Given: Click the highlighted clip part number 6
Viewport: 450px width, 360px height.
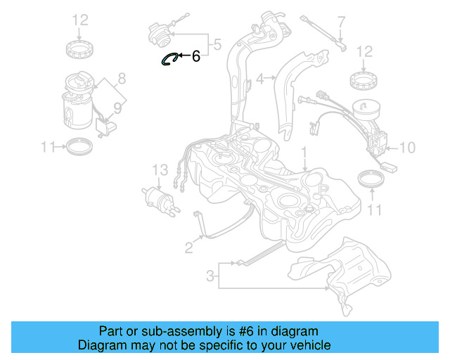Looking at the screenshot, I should (169, 59).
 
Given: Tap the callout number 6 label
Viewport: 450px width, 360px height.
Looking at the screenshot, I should (195, 56).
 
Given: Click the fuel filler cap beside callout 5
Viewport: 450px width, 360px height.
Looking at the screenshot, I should (158, 32).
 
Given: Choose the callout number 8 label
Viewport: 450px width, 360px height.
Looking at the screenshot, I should (121, 78).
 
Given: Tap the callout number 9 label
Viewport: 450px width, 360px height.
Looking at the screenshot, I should (118, 108).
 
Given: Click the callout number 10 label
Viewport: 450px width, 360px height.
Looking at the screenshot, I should (407, 148).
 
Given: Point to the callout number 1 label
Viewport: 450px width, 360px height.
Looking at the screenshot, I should (304, 152).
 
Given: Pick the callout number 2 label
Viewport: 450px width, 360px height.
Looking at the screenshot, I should (188, 246).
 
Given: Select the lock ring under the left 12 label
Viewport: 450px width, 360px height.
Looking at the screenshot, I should (79, 50).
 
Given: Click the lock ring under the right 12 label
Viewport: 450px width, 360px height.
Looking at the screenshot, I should (364, 82).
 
